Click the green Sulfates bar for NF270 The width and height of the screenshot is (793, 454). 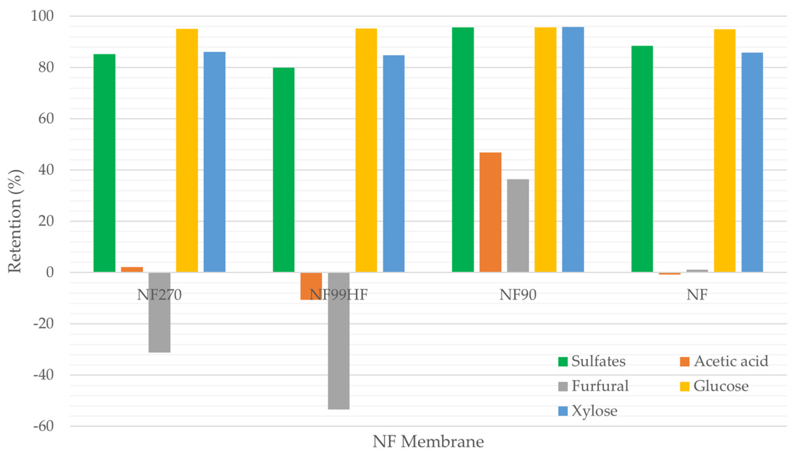pos(105,163)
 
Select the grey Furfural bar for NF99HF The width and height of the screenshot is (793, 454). pos(339,341)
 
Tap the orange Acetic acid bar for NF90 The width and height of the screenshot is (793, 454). pos(490,212)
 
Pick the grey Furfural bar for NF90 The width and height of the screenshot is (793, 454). pos(518,226)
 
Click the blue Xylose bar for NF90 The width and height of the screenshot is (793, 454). pos(573,149)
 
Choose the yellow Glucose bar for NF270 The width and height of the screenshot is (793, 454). pos(187,150)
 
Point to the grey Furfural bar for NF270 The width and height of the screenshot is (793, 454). pos(160,312)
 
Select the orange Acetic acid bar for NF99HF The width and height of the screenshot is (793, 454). pos(311,286)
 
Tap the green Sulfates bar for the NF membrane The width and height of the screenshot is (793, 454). pos(642,159)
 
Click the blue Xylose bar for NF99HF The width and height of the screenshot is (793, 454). pos(394,164)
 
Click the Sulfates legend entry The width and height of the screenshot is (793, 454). pos(592,361)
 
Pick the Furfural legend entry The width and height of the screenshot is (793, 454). pos(593,386)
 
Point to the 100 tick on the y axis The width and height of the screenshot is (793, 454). pos(42,16)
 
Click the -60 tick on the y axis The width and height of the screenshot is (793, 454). pos(44,426)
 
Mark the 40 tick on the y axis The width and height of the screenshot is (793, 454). pos(46,170)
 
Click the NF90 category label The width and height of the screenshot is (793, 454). pos(518,295)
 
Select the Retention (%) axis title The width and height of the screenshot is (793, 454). pos(15,221)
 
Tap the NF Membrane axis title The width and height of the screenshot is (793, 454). pos(428,441)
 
